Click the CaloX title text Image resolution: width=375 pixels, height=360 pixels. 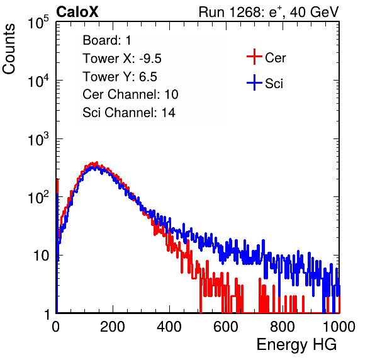[77, 12]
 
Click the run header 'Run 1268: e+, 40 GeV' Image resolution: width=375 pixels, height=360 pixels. [269, 12]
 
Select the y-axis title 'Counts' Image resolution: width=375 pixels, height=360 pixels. [9, 49]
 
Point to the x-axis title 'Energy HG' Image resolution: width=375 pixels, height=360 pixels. [296, 345]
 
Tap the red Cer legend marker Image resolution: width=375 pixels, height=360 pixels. [254, 57]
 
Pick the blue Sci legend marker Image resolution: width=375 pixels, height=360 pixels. [254, 82]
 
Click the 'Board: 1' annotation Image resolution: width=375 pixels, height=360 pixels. [107, 40]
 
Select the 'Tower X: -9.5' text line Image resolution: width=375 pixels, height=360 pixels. [122, 59]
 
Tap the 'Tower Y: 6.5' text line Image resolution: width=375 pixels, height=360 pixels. [120, 77]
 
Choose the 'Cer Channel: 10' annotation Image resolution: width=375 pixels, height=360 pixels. [130, 94]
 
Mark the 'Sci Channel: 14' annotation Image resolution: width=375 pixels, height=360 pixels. [129, 113]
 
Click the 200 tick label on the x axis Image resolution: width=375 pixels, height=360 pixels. [113, 327]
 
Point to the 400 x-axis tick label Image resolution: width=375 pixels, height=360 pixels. [169, 327]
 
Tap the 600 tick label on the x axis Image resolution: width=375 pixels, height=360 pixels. [226, 327]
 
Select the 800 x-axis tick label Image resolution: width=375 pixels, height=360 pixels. [283, 327]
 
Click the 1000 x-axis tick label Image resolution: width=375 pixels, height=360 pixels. [339, 327]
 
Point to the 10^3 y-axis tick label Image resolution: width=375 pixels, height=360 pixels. [38, 139]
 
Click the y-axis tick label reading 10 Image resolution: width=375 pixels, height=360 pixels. [41, 256]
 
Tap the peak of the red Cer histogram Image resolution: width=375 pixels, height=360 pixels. [97, 162]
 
